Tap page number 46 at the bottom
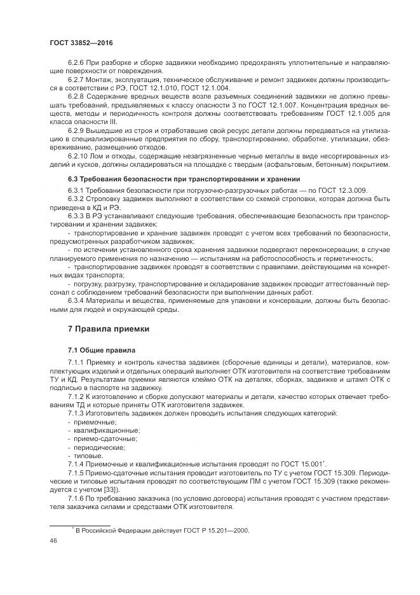pos(54,540)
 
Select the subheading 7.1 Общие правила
pos(100,350)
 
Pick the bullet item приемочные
pos(94,422)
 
